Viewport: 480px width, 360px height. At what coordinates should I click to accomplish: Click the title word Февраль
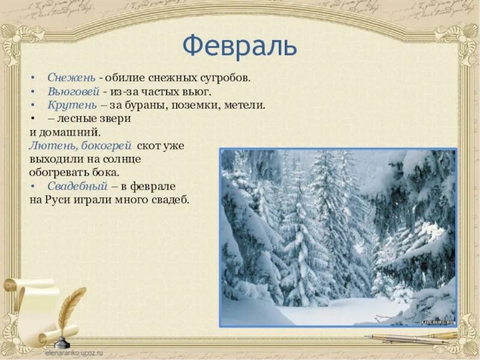[240, 46]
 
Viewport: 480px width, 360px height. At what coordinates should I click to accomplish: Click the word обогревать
[58, 173]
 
